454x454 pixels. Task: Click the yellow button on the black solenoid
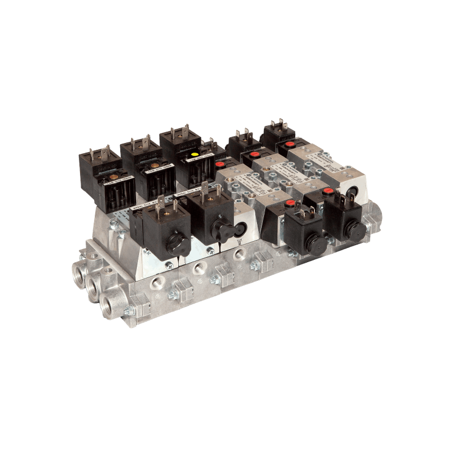coord(195,154)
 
